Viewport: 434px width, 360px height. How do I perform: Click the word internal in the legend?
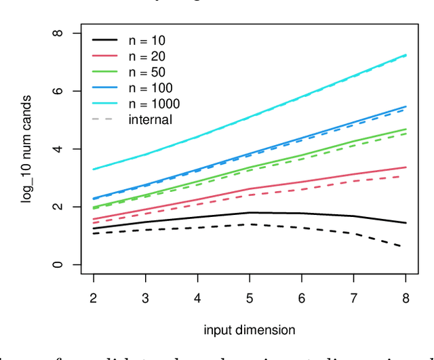click(x=150, y=119)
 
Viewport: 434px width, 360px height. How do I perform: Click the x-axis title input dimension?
click(x=249, y=330)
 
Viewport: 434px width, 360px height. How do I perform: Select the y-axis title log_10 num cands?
click(x=26, y=148)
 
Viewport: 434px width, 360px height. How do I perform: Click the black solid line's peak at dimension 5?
click(x=250, y=212)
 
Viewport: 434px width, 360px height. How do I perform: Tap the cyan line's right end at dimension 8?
click(x=406, y=55)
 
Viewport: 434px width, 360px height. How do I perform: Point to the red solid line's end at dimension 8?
click(x=406, y=167)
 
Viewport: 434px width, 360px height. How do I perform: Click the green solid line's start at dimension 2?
click(x=94, y=207)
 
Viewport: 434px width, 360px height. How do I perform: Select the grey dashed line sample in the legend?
click(x=103, y=119)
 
